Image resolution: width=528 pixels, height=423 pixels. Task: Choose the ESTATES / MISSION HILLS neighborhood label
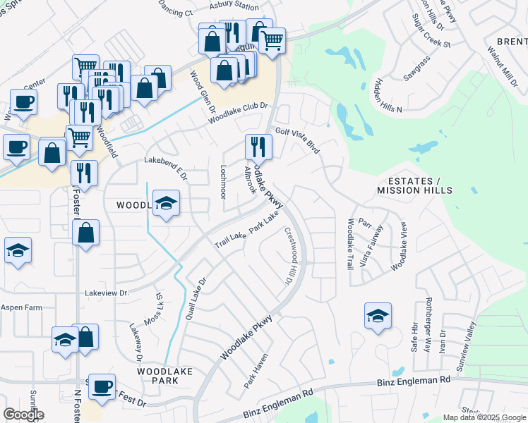pyautogui.click(x=414, y=186)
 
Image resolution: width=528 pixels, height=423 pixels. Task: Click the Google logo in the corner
pyautogui.click(x=23, y=415)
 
